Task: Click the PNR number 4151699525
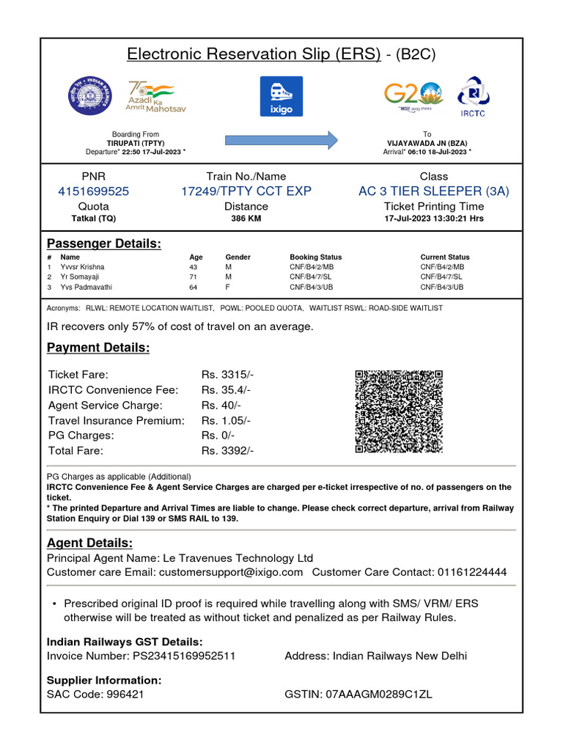(x=93, y=191)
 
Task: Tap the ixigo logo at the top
(x=281, y=96)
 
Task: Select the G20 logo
(x=413, y=96)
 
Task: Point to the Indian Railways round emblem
(x=90, y=95)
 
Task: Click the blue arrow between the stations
(x=281, y=139)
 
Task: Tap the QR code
(x=399, y=411)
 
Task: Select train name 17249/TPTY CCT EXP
(x=246, y=191)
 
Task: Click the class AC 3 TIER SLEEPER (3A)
(x=434, y=191)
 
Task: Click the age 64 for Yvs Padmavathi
(x=194, y=287)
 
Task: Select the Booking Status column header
(x=315, y=257)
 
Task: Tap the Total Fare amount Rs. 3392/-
(x=227, y=451)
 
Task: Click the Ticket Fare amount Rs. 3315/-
(x=227, y=375)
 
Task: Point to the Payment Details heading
(x=98, y=348)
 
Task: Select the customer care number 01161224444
(x=471, y=572)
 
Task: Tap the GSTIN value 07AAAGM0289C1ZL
(x=379, y=695)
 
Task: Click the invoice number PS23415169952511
(x=184, y=656)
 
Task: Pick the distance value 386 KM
(x=246, y=219)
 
